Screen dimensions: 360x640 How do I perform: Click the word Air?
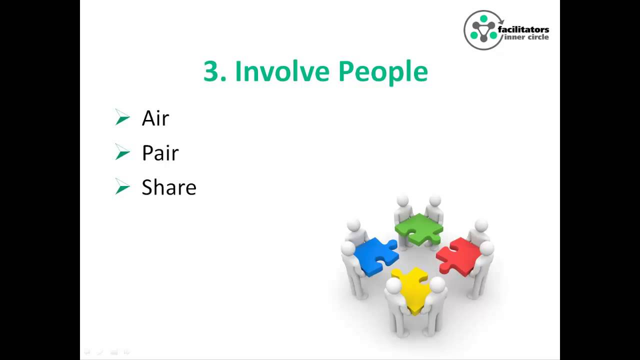(155, 118)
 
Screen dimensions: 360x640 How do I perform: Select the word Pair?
(160, 153)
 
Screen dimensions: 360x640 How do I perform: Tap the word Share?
(168, 187)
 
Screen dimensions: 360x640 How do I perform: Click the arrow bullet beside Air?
(122, 118)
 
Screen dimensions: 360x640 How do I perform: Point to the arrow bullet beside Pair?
(122, 152)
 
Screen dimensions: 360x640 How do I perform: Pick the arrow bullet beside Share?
(122, 187)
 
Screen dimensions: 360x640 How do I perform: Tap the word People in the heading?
(382, 72)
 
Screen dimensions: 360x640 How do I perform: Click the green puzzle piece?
(419, 228)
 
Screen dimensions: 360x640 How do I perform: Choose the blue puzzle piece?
(375, 255)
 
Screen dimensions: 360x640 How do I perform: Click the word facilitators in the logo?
(523, 29)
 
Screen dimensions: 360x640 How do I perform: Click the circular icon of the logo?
(483, 30)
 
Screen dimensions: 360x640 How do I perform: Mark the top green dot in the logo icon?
(483, 19)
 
